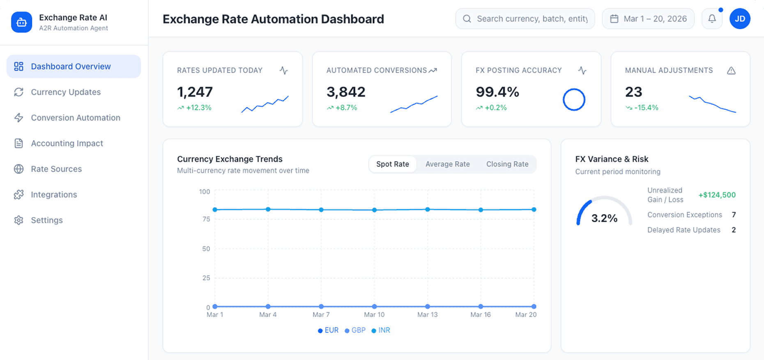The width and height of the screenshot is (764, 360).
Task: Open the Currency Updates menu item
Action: click(x=66, y=92)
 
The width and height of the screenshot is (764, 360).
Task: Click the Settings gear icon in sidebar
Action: click(x=18, y=220)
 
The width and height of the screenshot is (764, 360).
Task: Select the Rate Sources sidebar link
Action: click(x=56, y=169)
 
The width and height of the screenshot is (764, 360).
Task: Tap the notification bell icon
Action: click(x=712, y=18)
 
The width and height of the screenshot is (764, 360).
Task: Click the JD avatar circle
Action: click(x=740, y=19)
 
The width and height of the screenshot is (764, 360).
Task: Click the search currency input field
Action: click(x=532, y=19)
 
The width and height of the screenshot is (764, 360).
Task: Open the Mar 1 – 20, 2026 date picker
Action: click(x=648, y=19)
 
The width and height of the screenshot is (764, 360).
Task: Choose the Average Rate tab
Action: click(x=447, y=164)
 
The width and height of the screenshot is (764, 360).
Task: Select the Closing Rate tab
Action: click(x=507, y=164)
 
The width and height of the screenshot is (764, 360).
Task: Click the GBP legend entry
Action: click(x=355, y=330)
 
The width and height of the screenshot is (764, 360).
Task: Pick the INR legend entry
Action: click(x=381, y=330)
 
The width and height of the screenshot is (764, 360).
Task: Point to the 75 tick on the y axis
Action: click(x=206, y=219)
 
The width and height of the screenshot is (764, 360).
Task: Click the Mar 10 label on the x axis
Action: click(x=374, y=315)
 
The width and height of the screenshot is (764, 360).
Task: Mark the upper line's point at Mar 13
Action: click(x=428, y=210)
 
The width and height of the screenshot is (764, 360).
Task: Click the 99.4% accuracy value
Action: click(x=497, y=92)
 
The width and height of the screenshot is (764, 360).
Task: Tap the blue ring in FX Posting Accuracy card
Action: click(x=574, y=100)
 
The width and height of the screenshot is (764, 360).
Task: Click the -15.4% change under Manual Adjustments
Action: click(x=646, y=108)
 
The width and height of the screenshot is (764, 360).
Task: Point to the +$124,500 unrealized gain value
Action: click(x=717, y=195)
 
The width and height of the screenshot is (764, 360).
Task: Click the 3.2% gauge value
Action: click(x=604, y=218)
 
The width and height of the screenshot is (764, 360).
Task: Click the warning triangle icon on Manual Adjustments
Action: click(x=731, y=71)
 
